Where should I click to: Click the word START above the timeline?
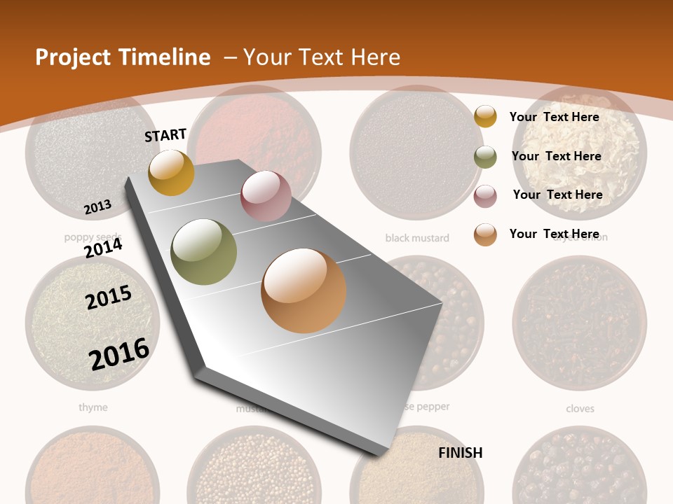point(165,135)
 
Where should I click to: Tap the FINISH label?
point(461,452)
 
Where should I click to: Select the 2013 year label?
point(97,207)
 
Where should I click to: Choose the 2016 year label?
point(119,353)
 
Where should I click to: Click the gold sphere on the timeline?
point(171,172)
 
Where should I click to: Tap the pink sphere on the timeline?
point(266,196)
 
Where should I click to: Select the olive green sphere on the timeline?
point(204,252)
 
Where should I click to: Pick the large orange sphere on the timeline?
point(304,290)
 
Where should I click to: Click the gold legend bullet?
point(485,116)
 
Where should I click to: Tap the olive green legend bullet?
point(485,157)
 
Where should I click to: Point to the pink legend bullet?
point(485,196)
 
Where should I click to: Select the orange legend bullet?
point(485,234)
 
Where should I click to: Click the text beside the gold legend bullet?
point(554,117)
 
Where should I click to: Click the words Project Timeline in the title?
point(123,57)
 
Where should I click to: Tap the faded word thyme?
point(93,407)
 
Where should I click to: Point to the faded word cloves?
point(580,408)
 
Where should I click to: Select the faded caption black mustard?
point(417,238)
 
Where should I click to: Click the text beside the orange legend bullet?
point(554,234)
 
